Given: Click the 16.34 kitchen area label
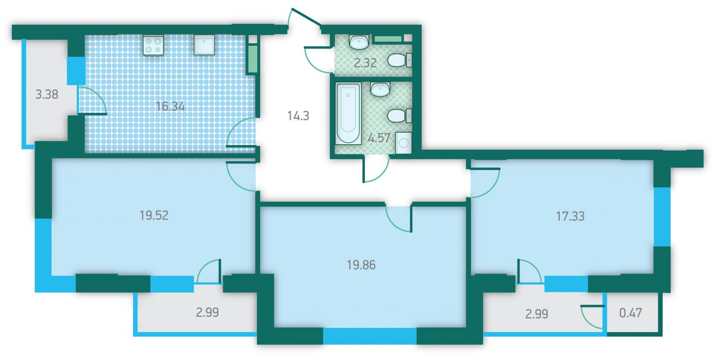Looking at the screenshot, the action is [170, 106].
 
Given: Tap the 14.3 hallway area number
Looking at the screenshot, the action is [298, 116].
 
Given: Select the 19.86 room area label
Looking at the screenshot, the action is [361, 265].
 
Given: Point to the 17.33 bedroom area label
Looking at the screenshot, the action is [570, 216].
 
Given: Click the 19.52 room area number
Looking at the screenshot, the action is [154, 215].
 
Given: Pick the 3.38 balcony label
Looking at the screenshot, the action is [47, 94].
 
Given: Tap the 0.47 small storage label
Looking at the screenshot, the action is [630, 313].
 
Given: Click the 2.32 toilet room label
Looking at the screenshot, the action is [365, 63].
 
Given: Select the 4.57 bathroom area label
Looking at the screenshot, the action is [379, 138].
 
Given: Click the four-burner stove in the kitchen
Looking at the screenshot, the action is [153, 45].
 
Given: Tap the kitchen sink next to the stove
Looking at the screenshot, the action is [204, 45].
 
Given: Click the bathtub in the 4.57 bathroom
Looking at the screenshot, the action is [348, 113].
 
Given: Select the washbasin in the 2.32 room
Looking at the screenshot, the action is [359, 42].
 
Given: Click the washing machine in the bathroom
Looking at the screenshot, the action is [404, 143].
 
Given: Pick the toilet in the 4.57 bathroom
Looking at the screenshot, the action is [400, 115].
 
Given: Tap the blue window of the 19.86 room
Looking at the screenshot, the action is [369, 336].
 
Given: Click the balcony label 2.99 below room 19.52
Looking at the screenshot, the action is [207, 312].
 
